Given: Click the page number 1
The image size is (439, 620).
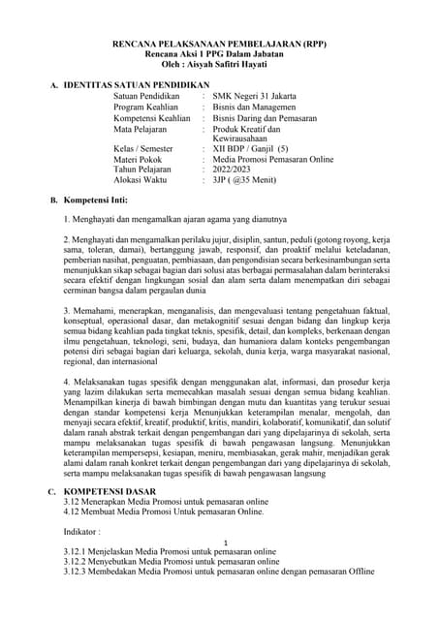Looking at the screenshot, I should pyautogui.click(x=226, y=542).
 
